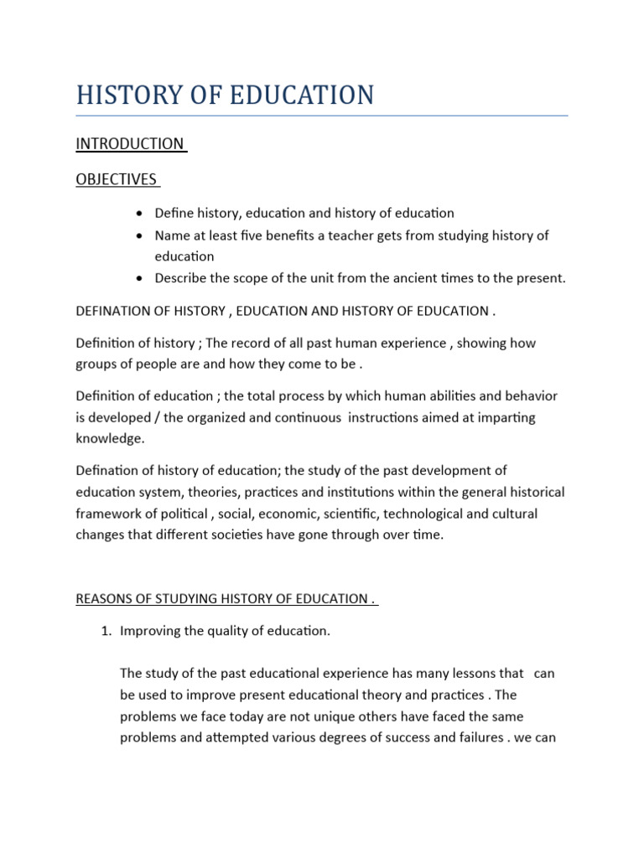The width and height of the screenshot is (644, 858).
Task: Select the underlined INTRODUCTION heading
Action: pos(130,144)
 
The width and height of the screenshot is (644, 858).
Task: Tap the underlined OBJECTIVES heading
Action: pos(117,179)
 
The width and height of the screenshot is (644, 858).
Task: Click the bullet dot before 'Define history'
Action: pos(138,214)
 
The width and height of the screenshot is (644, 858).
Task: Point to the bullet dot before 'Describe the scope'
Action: pos(138,278)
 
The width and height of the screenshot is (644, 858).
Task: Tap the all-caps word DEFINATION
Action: pos(114,312)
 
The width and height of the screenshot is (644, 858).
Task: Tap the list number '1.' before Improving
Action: pos(106,631)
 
